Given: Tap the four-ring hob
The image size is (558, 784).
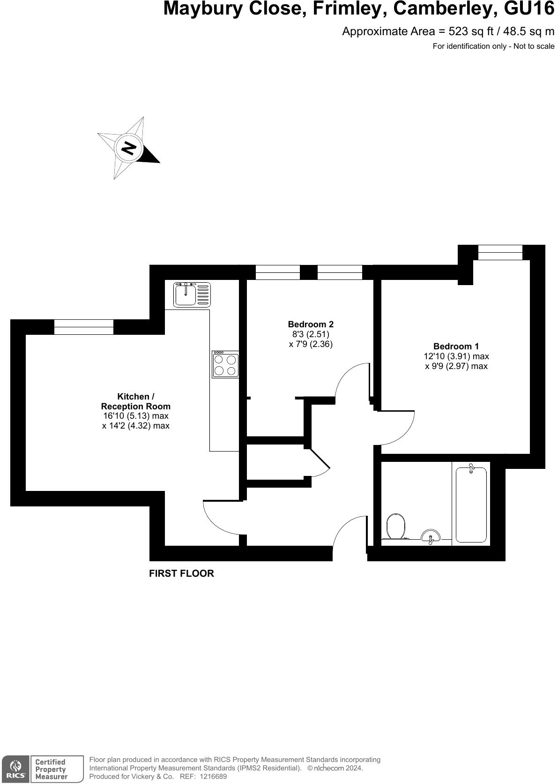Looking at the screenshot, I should click(225, 364).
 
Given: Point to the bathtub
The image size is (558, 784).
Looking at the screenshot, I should click(471, 504).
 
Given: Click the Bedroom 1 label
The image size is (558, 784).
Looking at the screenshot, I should click(456, 347).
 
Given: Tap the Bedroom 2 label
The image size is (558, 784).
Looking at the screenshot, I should click(311, 324).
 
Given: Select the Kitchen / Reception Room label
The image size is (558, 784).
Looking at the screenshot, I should click(136, 401).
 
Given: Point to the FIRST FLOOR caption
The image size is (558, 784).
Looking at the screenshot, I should click(181, 573).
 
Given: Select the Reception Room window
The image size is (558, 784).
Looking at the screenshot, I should click(84, 327).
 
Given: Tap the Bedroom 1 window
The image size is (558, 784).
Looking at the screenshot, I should click(500, 252).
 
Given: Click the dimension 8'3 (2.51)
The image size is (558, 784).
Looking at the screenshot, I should click(311, 334).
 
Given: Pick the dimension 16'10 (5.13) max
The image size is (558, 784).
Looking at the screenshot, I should click(135, 416).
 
